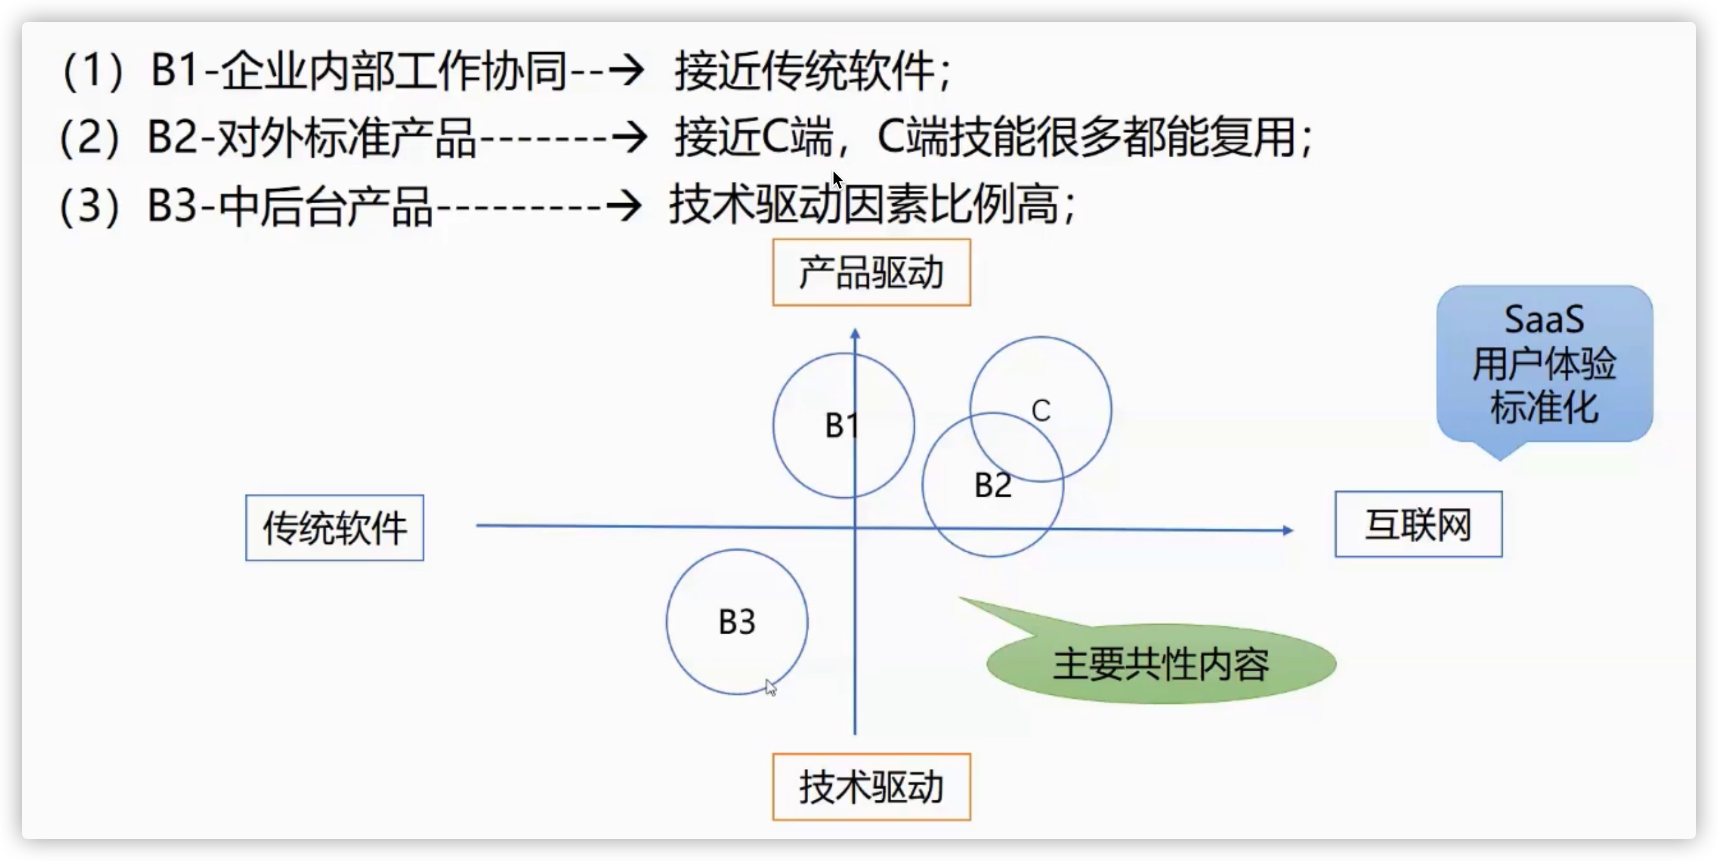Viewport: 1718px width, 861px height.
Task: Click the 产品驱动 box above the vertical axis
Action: point(871,272)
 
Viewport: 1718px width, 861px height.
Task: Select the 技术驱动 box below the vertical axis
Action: point(871,787)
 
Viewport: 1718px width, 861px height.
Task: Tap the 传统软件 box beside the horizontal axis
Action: point(334,528)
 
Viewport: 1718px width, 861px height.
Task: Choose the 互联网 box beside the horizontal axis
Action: point(1418,524)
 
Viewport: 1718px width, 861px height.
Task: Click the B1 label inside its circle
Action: point(841,425)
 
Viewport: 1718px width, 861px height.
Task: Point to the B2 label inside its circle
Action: point(992,485)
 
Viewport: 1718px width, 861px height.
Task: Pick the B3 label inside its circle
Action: point(737,621)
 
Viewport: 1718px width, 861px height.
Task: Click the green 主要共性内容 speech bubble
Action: point(1160,663)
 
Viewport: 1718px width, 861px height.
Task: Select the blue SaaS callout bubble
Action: point(1544,363)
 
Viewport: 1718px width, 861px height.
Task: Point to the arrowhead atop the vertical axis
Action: point(855,333)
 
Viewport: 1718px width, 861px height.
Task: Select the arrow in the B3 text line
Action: point(624,206)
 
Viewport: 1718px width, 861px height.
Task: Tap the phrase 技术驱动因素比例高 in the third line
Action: point(864,204)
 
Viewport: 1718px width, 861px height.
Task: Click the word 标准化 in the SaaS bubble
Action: point(1544,407)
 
